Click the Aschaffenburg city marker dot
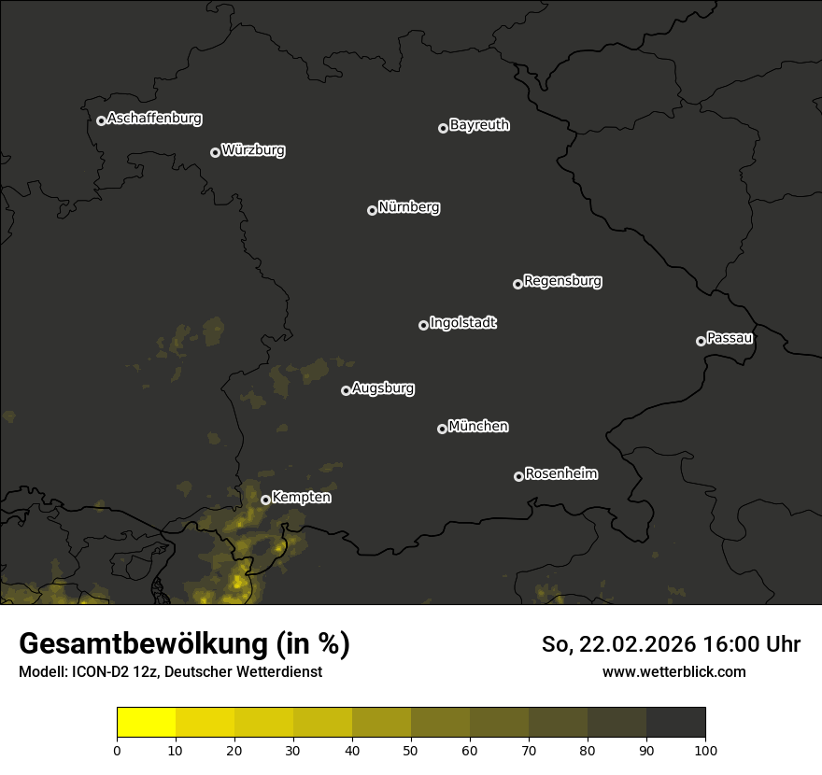[x=101, y=120]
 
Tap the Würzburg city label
[x=253, y=150]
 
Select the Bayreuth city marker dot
[x=443, y=128]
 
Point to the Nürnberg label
[x=409, y=207]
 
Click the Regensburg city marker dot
[x=517, y=284]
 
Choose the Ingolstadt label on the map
[x=463, y=323]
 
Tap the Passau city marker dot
[x=701, y=341]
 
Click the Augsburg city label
[x=383, y=388]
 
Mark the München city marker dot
[x=442, y=429]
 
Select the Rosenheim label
[x=560, y=474]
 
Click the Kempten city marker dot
[x=265, y=500]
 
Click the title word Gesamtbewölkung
[x=144, y=644]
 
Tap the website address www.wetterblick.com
[x=673, y=671]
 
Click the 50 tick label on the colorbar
[x=411, y=750]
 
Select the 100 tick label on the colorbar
[x=705, y=750]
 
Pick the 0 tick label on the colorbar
[x=117, y=750]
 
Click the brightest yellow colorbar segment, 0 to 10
[x=146, y=723]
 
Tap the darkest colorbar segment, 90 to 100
[x=675, y=723]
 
